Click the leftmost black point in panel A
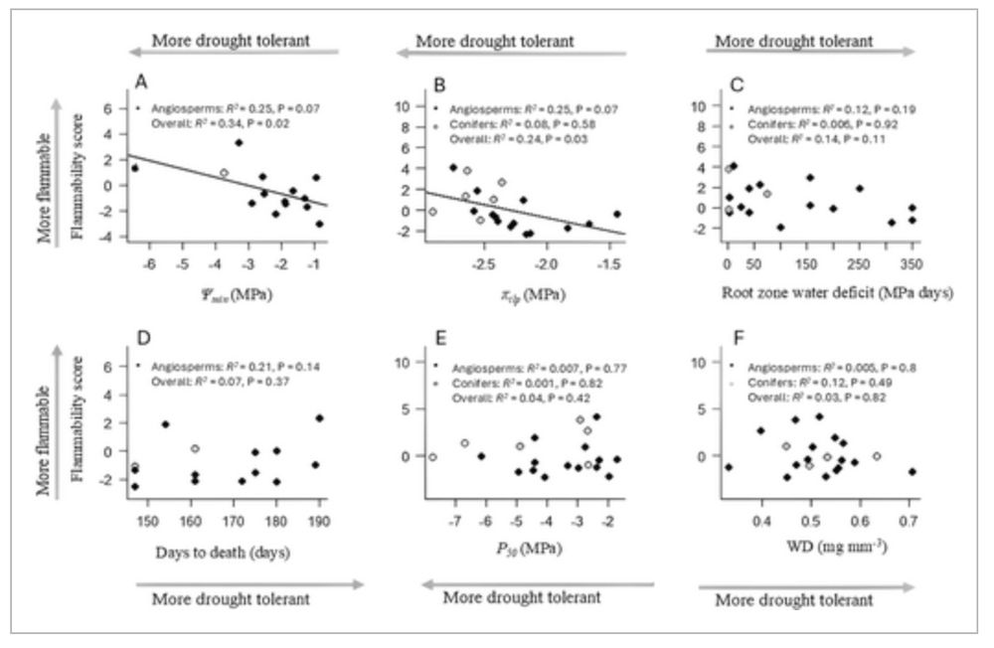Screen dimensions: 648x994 [x=135, y=168]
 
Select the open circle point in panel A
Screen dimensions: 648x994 [x=224, y=173]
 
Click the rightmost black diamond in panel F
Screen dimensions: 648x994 [x=911, y=472]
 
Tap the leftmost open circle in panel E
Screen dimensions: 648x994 [x=432, y=457]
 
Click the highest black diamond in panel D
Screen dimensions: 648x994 [x=319, y=418]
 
